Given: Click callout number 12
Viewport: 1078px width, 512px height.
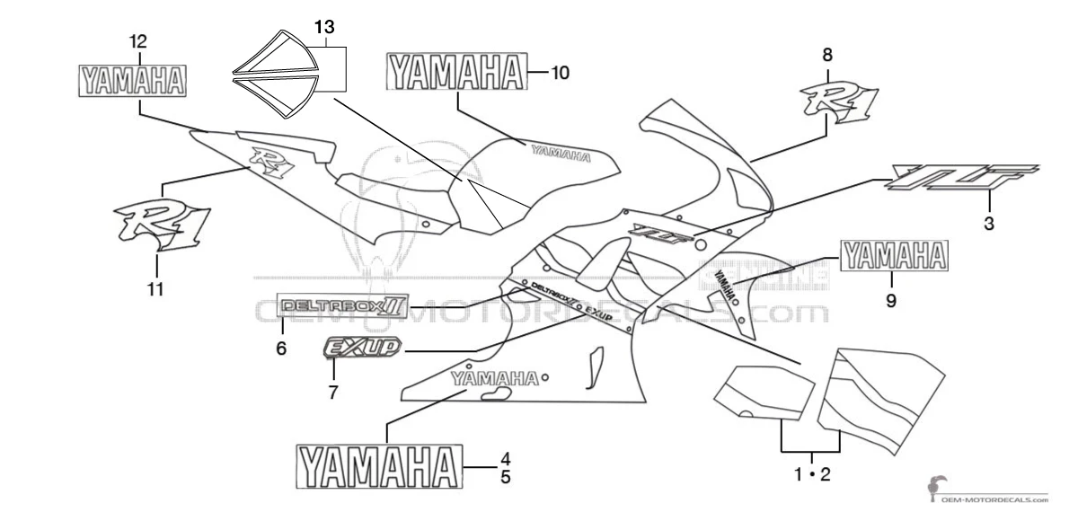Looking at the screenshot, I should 138,41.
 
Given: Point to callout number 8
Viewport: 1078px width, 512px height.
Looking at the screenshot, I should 827,55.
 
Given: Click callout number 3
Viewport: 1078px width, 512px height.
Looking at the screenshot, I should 988,225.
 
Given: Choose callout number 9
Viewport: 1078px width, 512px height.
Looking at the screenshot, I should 891,302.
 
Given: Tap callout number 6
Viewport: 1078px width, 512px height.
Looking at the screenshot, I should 281,349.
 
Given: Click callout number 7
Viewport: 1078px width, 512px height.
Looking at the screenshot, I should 333,392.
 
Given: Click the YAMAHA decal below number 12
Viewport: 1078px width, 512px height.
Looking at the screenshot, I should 131,79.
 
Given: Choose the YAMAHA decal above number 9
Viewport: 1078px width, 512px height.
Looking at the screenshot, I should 894,256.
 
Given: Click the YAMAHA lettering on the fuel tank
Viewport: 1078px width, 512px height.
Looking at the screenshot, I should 561,153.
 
